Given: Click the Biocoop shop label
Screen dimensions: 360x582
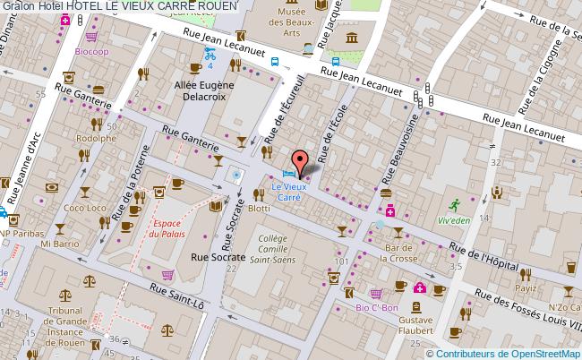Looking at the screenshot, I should click(92, 52).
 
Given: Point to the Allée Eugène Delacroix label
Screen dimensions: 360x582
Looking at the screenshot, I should click(203, 91).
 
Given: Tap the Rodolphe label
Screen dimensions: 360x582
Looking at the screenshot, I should click(95, 139).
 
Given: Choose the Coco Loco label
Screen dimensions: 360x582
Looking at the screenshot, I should click(85, 208).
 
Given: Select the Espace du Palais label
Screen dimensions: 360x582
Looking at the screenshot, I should click(168, 228).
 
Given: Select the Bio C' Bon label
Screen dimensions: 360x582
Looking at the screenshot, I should click(376, 307).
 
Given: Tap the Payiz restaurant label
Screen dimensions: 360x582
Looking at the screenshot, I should click(526, 288).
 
